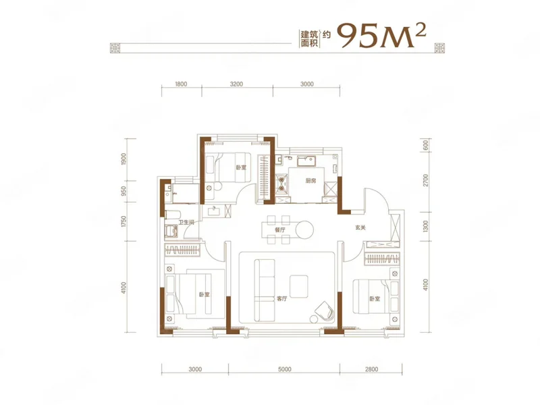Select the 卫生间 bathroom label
(186, 223)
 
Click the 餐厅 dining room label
(280, 230)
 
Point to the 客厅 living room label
(281, 299)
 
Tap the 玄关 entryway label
(360, 227)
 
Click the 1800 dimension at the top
(181, 84)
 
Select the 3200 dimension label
(237, 84)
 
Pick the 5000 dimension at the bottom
(284, 369)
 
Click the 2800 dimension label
(371, 369)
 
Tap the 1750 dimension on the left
(124, 222)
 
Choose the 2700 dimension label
(425, 180)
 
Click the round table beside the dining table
(304, 230)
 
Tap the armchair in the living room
(325, 311)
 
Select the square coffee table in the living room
(299, 286)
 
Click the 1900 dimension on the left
(124, 159)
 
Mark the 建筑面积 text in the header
(308, 38)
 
